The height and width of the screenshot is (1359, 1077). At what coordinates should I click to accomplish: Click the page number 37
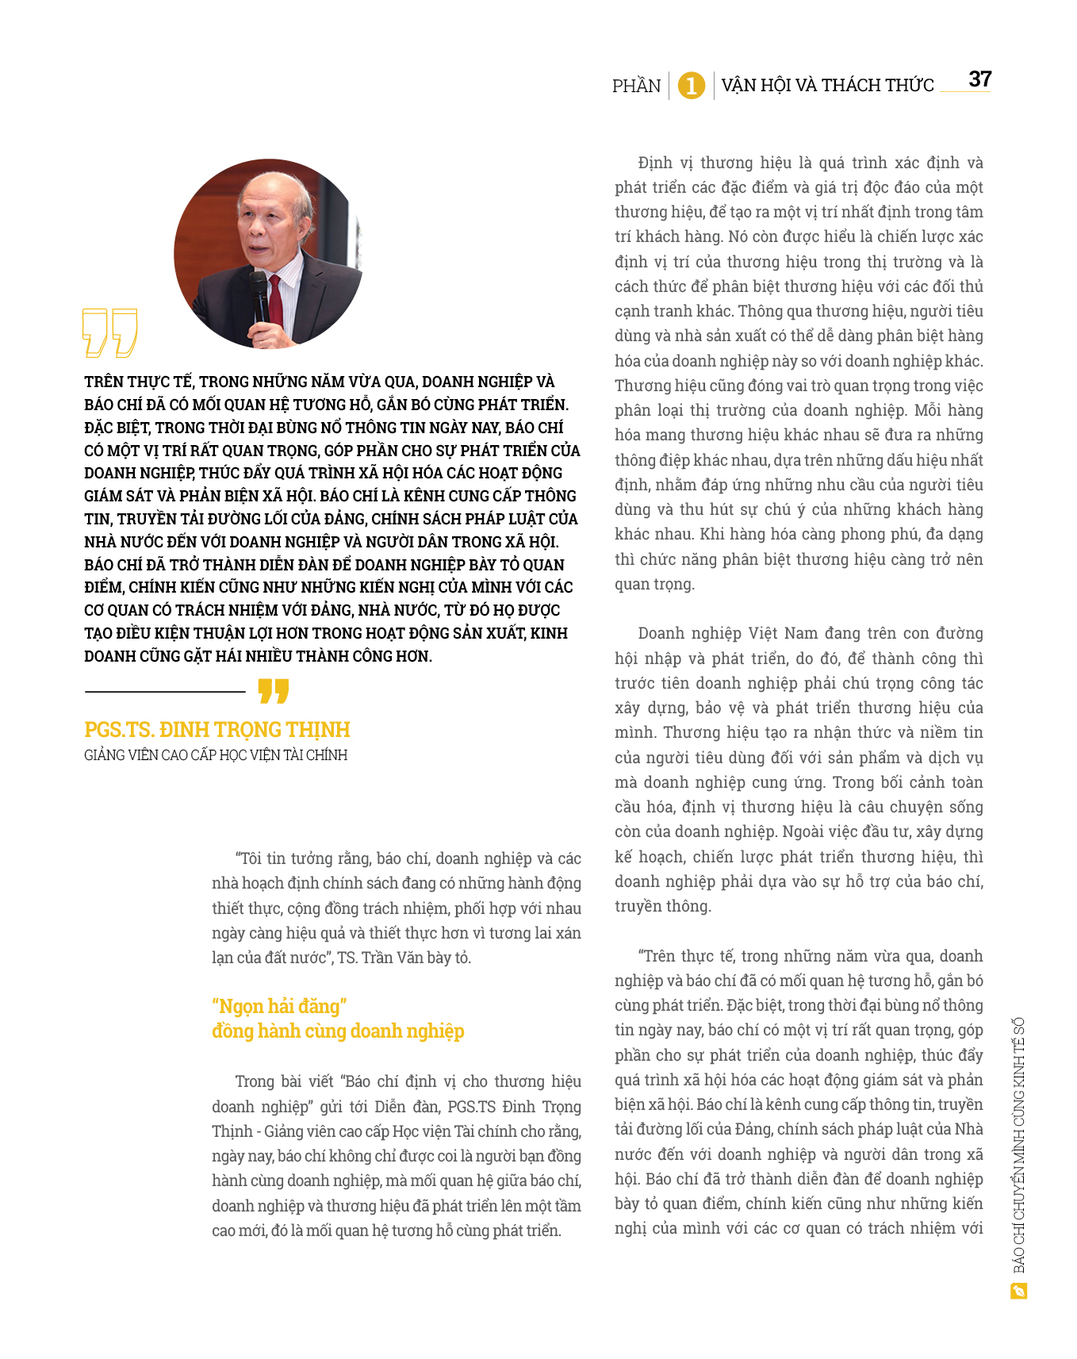coord(979,79)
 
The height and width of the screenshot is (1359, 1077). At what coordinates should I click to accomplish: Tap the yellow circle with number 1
coord(692,85)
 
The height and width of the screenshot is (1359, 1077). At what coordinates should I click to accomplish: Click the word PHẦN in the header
coord(636,86)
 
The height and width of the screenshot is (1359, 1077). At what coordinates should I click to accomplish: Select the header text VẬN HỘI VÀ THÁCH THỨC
coord(827,85)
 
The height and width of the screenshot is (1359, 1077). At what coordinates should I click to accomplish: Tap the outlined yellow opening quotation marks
coord(109,332)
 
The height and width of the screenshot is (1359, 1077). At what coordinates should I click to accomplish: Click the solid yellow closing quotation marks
coord(274,690)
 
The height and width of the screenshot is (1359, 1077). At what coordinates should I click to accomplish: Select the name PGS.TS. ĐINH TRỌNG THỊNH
coord(217,730)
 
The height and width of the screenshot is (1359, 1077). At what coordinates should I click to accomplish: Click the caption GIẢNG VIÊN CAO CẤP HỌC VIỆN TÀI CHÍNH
coord(216,755)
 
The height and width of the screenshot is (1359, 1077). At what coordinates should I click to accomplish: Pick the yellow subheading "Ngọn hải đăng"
coord(279,1007)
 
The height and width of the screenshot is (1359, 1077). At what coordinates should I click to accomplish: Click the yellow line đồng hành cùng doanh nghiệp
coord(338,1031)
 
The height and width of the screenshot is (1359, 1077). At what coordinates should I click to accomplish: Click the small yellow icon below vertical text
coord(1019,1292)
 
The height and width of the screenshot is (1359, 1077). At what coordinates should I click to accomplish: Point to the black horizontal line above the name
coord(165,692)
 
